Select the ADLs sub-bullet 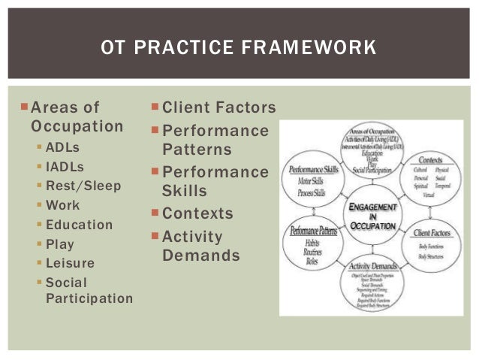(x=63, y=147)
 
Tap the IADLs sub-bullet (x=65, y=166)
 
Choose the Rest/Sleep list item (x=83, y=186)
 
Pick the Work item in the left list (x=62, y=205)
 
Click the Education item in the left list (x=79, y=225)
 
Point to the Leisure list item (x=70, y=263)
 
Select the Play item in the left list (x=59, y=244)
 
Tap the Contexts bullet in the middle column (x=197, y=213)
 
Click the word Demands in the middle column (x=201, y=256)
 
